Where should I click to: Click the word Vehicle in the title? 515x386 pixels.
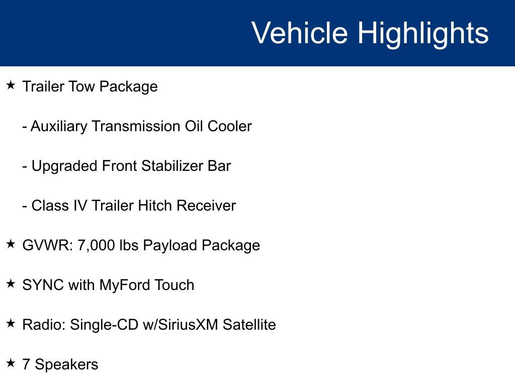(299, 33)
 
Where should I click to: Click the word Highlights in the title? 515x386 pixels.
(423, 33)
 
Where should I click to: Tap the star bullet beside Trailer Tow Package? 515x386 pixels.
(11, 85)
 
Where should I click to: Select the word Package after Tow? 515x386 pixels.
(128, 86)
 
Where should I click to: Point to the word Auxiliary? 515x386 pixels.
(59, 126)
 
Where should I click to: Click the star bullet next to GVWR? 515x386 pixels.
(11, 244)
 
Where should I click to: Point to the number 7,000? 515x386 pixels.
(96, 245)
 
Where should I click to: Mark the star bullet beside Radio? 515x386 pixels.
(11, 324)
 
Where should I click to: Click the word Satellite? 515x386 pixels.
(249, 325)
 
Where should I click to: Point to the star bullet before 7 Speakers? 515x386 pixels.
(11, 363)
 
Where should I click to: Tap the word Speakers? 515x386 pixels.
(66, 364)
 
